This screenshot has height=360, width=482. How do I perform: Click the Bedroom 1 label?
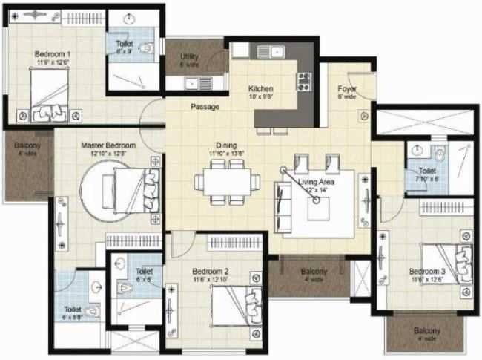52,54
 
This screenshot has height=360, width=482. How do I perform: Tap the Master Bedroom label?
108,145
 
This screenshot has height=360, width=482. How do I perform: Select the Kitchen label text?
261,89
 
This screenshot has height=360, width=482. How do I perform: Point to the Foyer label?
347,89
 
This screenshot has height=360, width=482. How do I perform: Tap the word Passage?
205,107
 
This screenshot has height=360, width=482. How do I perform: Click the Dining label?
226,145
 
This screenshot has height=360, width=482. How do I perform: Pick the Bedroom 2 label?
210,271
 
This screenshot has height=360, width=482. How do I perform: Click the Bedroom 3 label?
427,271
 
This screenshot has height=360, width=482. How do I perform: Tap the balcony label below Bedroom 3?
427,333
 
